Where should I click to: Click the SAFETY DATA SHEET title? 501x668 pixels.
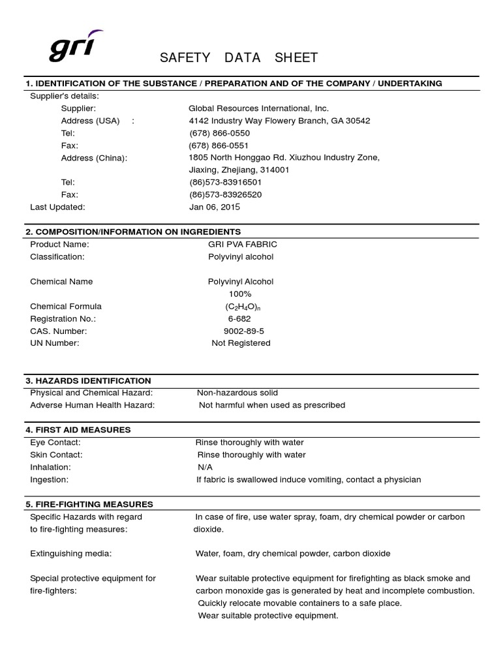point(239,58)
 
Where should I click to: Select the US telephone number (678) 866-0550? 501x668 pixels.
point(219,133)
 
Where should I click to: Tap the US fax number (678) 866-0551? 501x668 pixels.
point(219,145)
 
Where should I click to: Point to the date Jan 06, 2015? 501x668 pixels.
point(215,207)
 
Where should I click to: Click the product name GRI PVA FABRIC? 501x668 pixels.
point(243,244)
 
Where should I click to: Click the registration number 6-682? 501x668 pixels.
point(239,318)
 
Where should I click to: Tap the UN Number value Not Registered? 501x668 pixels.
point(241,343)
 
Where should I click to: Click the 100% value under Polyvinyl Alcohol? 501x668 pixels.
point(239,294)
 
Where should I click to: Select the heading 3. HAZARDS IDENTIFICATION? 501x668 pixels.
point(88,380)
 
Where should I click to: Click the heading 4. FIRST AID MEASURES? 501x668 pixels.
point(78,430)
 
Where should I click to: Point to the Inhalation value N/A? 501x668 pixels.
point(205,467)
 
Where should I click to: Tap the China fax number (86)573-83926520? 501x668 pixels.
point(225,194)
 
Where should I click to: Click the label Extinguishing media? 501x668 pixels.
point(71,553)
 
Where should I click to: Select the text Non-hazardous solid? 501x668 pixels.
point(237,393)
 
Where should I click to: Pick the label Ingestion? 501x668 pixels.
point(49,479)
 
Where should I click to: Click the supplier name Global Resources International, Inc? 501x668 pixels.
point(258,108)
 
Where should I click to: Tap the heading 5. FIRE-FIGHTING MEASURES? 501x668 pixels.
point(89,504)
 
